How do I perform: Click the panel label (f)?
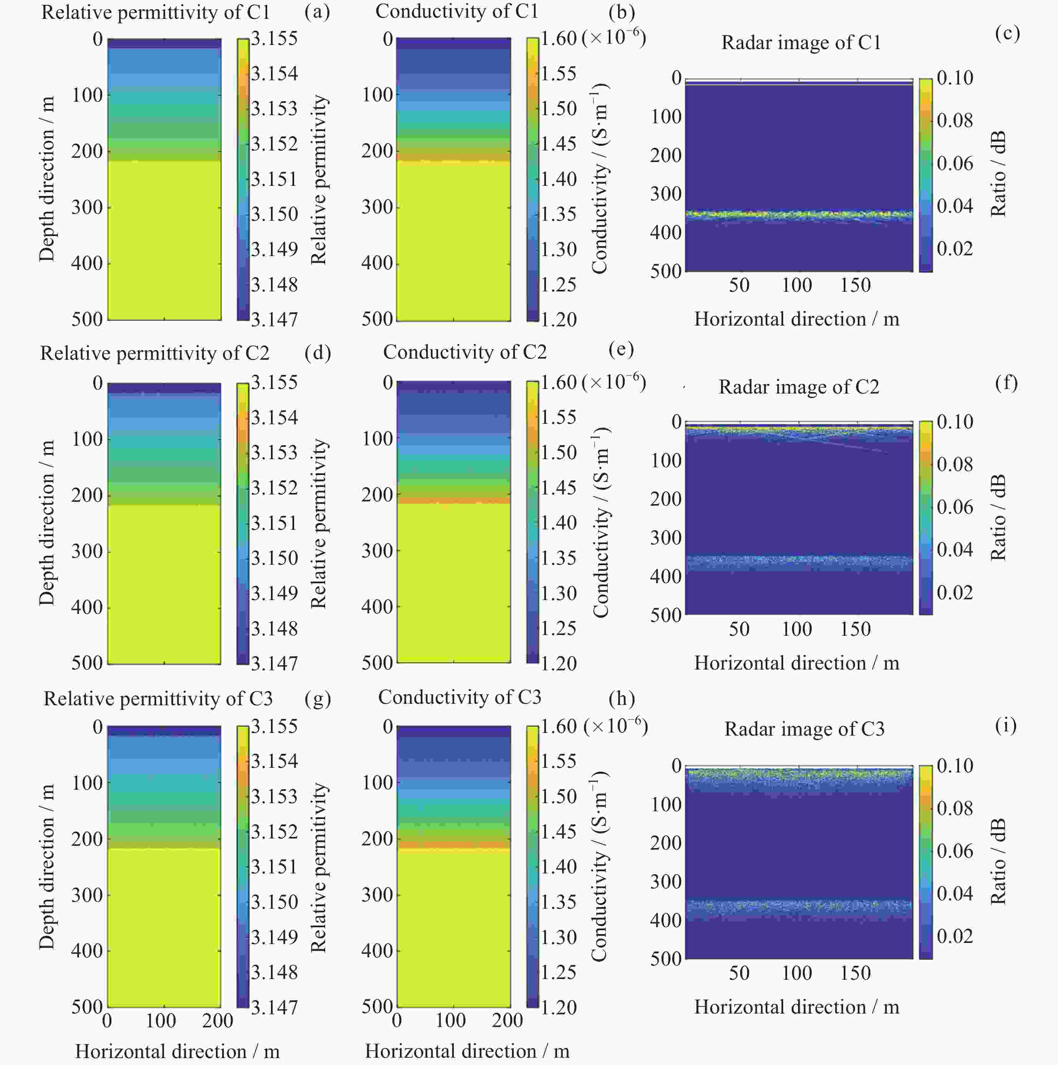(x=1006, y=382)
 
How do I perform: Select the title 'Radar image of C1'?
(x=801, y=43)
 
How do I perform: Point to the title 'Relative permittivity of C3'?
(x=158, y=698)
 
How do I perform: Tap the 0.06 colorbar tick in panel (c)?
(x=955, y=163)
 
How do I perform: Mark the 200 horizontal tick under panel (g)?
(x=218, y=1020)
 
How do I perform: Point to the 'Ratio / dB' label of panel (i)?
(x=998, y=862)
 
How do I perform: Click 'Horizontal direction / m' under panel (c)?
(x=796, y=319)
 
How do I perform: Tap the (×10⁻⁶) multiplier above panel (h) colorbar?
(x=615, y=726)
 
